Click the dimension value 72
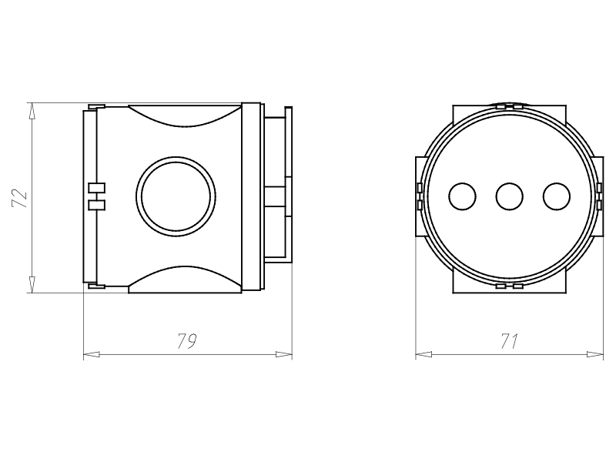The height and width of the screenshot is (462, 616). (x=20, y=199)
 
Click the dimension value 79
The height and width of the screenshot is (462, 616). (x=186, y=341)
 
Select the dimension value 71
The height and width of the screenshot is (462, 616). (x=510, y=341)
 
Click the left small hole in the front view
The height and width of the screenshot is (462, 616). (x=463, y=196)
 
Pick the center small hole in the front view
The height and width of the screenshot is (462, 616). (x=510, y=196)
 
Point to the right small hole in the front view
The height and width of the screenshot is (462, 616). (x=557, y=196)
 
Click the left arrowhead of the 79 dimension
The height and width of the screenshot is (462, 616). (x=91, y=355)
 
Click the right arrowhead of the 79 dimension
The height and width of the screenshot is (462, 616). (x=284, y=355)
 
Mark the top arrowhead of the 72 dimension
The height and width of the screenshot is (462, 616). (x=32, y=111)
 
